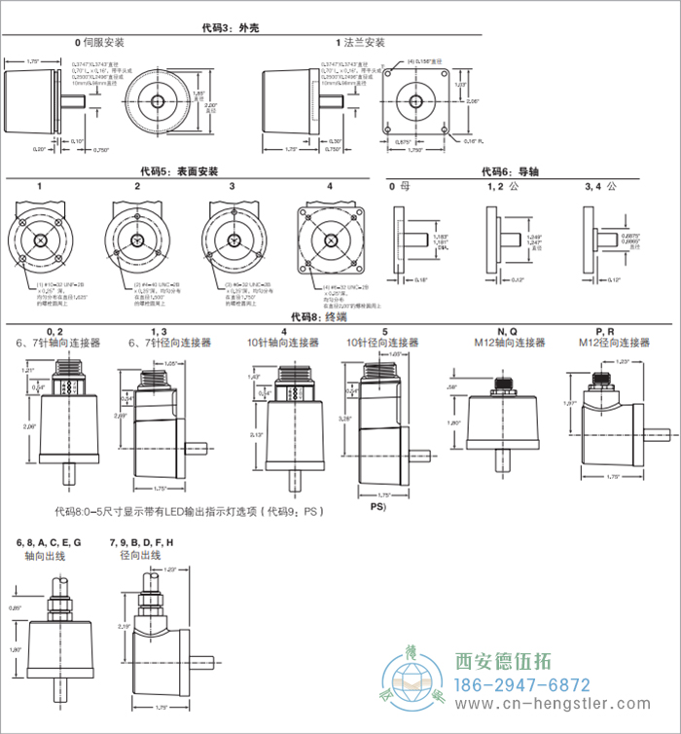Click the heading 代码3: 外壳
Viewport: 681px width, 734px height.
230,28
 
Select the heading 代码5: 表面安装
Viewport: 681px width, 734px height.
179,172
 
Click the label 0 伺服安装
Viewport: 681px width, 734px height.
101,43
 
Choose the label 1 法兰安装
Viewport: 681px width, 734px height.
360,43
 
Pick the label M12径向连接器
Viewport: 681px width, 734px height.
614,343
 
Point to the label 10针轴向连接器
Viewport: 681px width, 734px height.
283,343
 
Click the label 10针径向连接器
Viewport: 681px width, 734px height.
384,343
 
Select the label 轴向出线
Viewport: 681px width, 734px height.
45,556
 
